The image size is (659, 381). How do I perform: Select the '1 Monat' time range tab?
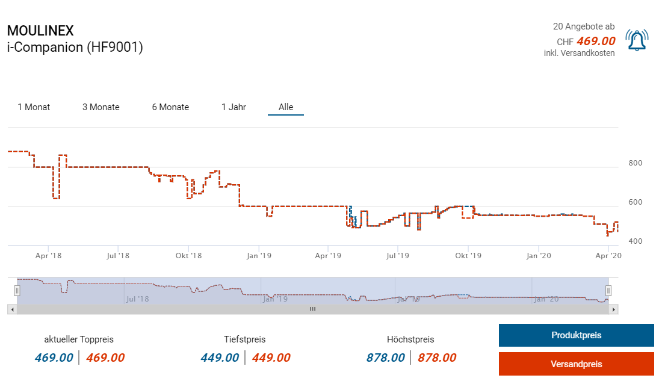point(34,107)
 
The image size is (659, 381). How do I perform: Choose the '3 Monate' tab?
point(101,107)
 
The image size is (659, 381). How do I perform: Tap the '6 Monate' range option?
point(170,107)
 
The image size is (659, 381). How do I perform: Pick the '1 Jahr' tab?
point(234,107)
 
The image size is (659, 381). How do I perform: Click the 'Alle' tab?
point(286,107)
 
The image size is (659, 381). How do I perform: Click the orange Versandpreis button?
point(576,364)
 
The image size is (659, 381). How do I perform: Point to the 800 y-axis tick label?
point(635,163)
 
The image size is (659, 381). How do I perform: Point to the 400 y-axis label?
point(635,241)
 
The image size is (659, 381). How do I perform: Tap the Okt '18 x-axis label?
point(188,256)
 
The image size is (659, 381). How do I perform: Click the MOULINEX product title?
point(40,31)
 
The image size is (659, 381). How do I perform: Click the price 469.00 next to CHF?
point(596,41)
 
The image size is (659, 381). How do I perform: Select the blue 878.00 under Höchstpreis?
point(385,358)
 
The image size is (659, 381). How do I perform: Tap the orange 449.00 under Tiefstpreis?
point(271,358)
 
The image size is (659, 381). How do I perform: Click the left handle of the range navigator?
point(17,290)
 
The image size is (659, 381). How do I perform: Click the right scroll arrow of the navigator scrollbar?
point(613,309)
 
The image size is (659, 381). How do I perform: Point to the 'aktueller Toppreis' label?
point(79,339)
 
